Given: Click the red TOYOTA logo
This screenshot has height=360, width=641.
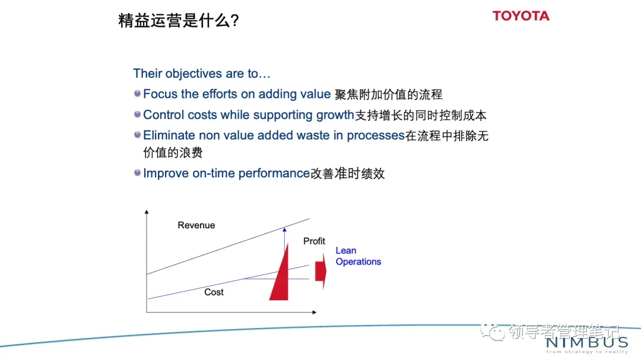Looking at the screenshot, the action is point(521,16).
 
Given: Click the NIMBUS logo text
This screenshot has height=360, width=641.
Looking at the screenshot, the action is point(586,342).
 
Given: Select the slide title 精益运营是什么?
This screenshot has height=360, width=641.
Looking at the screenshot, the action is point(178,20).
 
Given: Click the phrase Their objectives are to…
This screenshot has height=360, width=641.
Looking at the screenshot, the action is point(202,74).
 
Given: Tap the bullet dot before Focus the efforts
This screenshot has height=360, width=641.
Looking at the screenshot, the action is point(137,94).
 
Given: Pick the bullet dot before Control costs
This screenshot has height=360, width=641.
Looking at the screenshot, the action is point(137,114).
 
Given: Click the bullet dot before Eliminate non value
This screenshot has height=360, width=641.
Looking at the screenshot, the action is point(137,135).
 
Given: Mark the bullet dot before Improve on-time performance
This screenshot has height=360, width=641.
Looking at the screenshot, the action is point(137,173).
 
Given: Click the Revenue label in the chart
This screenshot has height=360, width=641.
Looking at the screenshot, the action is point(196,225).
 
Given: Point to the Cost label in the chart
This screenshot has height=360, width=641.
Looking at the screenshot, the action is point(214,292).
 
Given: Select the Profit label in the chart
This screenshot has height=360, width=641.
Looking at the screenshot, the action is point(314,241).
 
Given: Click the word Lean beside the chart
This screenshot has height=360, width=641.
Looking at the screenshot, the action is point(346,250).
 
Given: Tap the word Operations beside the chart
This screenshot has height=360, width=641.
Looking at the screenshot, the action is point(358,262).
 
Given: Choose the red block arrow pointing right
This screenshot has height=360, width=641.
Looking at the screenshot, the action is point(321,271).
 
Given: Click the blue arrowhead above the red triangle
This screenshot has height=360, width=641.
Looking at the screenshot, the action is point(284,230).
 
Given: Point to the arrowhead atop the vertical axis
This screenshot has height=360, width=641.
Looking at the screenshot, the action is point(147,212).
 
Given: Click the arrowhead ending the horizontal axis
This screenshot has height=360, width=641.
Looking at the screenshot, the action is point(315,312).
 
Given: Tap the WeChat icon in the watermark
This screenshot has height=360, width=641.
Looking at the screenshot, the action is point(493,332).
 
